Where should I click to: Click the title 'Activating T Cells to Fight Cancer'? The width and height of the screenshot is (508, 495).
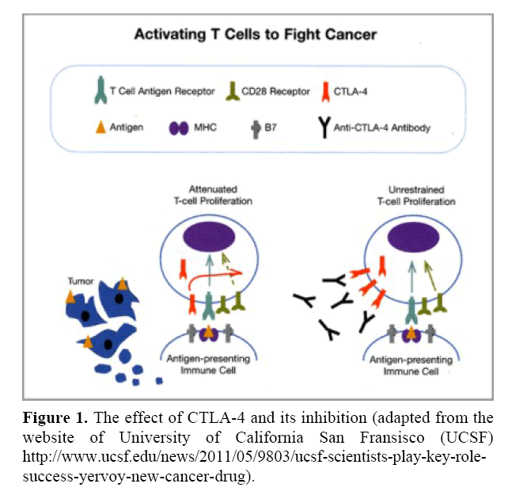click(255, 35)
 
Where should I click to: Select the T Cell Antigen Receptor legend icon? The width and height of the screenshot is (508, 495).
click(97, 92)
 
